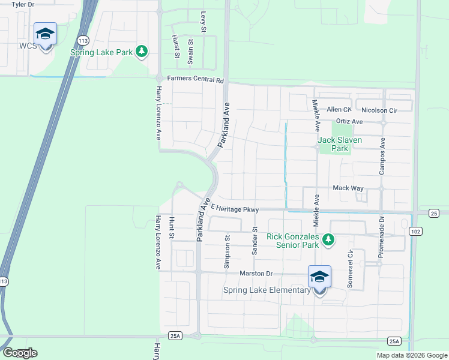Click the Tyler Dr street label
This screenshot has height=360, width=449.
(23, 4)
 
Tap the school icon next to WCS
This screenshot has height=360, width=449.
(45, 34)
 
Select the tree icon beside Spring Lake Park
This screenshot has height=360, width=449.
(142, 52)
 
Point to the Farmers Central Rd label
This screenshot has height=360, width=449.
(195, 79)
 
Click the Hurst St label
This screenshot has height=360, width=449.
(176, 47)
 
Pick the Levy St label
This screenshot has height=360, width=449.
(203, 21)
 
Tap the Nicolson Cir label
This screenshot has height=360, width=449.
(380, 110)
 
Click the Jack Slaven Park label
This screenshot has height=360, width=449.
(341, 144)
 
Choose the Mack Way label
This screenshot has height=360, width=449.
(348, 188)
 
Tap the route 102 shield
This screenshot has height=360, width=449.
(415, 231)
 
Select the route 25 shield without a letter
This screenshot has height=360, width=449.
(434, 214)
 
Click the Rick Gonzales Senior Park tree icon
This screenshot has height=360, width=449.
(328, 240)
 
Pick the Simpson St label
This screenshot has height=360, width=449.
(227, 251)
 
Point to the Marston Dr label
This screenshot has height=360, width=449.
(256, 274)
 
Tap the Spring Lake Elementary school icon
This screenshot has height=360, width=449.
(319, 277)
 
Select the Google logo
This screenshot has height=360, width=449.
(19, 353)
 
